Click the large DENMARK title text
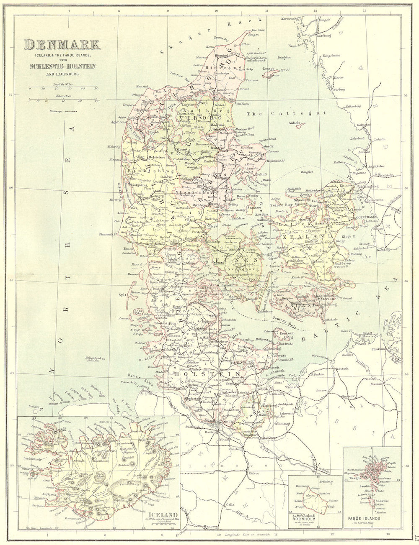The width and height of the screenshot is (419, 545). [62, 44]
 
